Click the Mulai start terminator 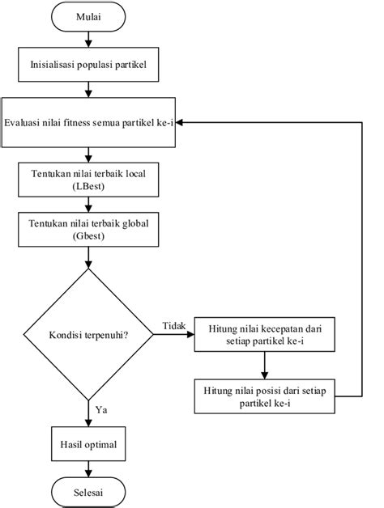coord(88,17)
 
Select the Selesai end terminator coord(88,492)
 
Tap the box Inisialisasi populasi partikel coord(88,65)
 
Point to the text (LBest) coord(88,187)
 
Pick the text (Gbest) coord(88,236)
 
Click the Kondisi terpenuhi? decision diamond coord(88,334)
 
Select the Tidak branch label coord(174,326)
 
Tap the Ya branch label coord(101,410)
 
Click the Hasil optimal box coord(88,444)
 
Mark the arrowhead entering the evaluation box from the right coord(179,122)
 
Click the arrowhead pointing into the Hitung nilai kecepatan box coord(190,334)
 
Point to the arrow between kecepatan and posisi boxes coord(265,366)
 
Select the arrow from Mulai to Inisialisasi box coord(88,40)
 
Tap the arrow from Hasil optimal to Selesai coord(88,469)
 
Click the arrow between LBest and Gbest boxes coord(88,205)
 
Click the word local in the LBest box coord(135,174)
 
